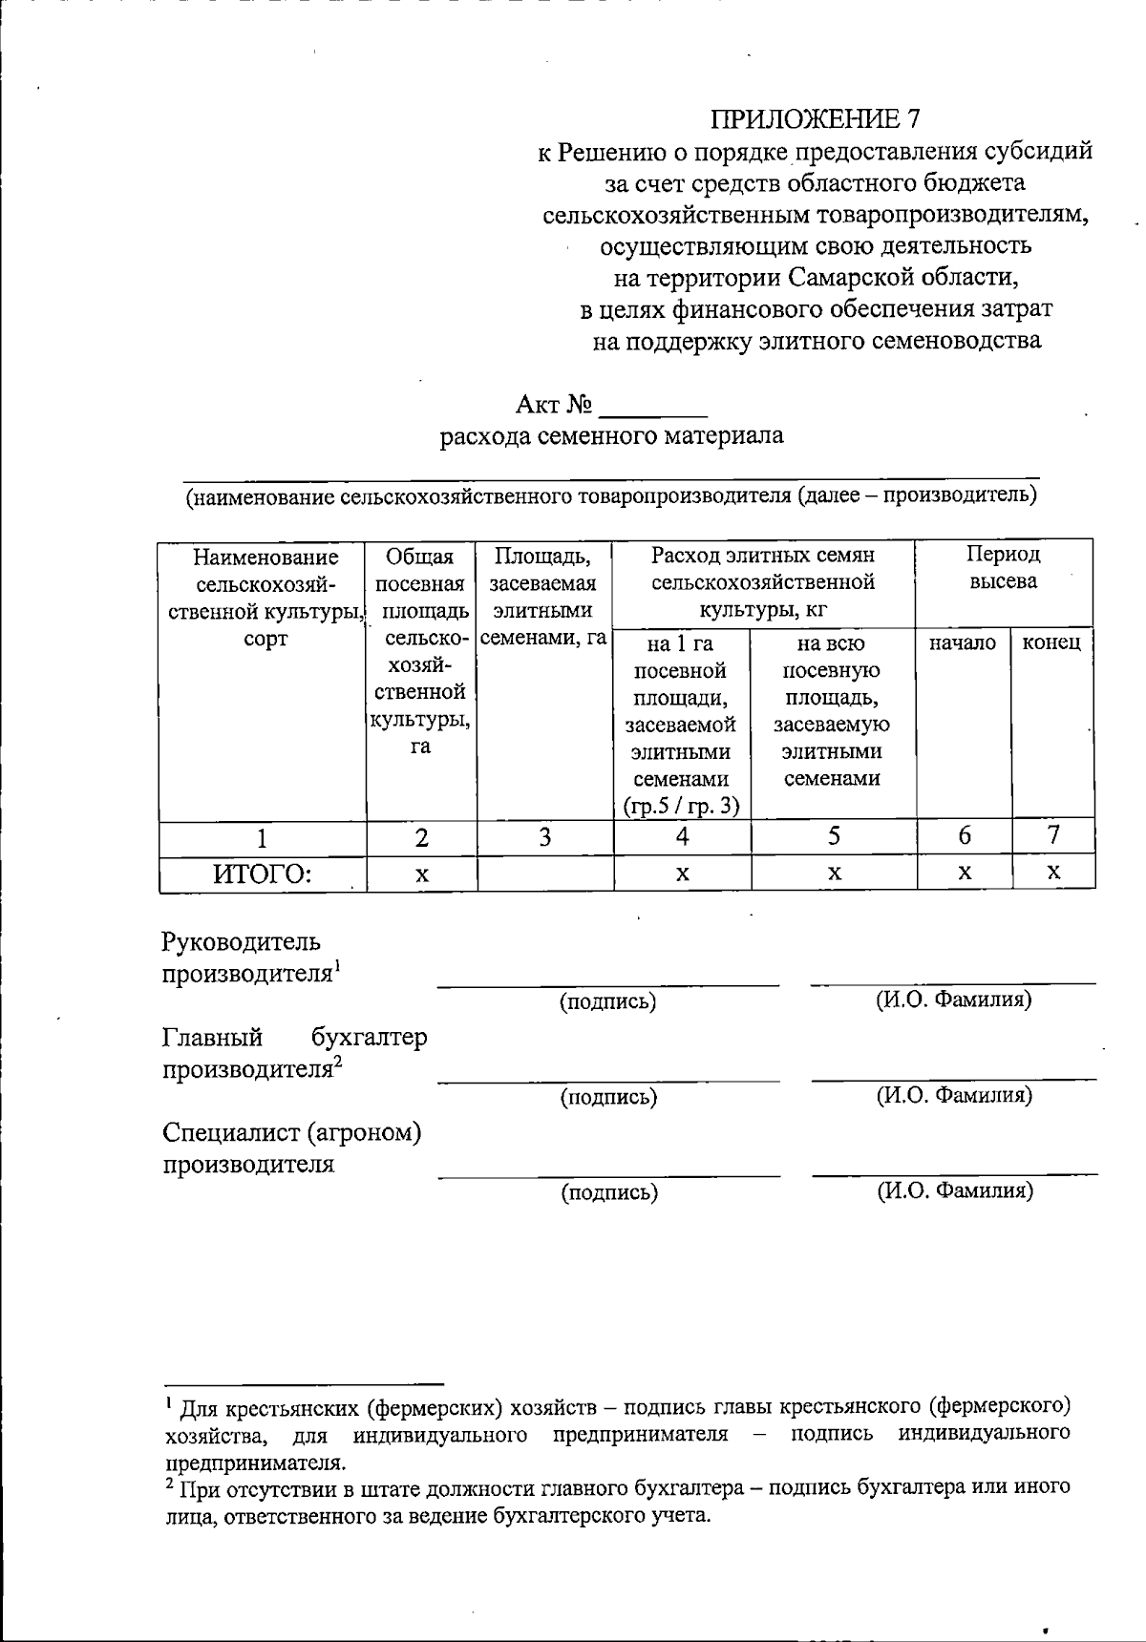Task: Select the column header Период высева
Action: click(1003, 567)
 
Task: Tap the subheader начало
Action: click(963, 643)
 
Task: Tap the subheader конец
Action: click(1051, 643)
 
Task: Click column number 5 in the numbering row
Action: click(834, 837)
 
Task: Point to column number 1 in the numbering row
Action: click(262, 838)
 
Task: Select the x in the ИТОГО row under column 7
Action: click(1053, 873)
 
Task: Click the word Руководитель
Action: click(241, 943)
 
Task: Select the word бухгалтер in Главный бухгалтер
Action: click(369, 1037)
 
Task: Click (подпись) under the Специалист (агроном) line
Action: click(609, 1192)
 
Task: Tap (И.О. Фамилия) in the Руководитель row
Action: click(953, 1000)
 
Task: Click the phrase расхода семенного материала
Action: click(611, 437)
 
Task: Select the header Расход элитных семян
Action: click(763, 555)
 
